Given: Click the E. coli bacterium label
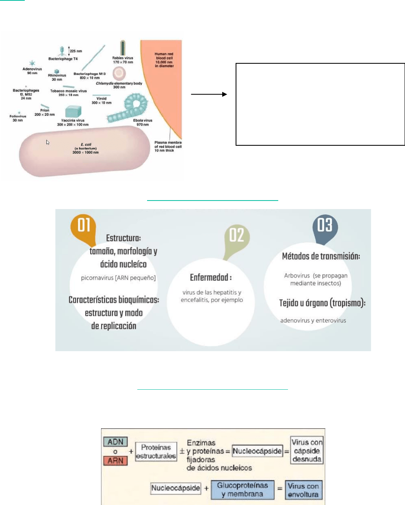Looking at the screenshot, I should coord(86,148).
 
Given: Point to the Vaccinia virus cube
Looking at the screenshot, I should coord(73,112).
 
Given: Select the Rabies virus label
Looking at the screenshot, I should coord(123,60).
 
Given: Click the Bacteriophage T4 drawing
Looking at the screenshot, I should coord(62,50).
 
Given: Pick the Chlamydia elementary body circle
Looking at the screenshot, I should coord(119,73).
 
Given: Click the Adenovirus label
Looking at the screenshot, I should coord(32,71).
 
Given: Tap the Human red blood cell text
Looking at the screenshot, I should coord(164,60).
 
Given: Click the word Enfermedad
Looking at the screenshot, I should coord(211,278).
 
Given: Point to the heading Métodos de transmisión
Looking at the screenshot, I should coord(321,256).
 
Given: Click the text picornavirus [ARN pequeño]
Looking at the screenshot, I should coord(118,278).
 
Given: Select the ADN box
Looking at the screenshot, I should coord(115,442).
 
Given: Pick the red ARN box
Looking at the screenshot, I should coord(115,461).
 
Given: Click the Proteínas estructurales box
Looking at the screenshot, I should coord(156,451).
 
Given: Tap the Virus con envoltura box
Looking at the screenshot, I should coord(303,490).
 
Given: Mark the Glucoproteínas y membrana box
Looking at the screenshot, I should coord(243,490).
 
